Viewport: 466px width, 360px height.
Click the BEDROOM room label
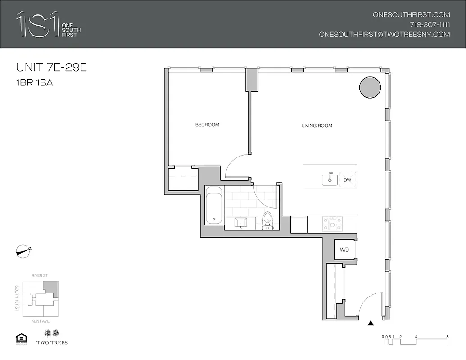point(207,125)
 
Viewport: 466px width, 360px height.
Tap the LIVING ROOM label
point(317,126)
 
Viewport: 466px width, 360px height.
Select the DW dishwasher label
point(347,180)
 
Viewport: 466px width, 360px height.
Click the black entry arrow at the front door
point(371,323)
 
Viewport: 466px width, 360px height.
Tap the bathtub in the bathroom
point(213,206)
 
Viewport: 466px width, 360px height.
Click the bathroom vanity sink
point(239,223)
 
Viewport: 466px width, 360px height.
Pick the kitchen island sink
point(330,180)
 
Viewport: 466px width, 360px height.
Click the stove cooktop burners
point(332,224)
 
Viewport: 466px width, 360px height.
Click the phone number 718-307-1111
point(430,24)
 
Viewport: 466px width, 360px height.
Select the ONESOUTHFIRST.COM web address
point(412,14)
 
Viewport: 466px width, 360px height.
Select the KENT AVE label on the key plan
point(41,321)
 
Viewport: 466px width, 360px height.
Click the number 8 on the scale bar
point(447,336)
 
